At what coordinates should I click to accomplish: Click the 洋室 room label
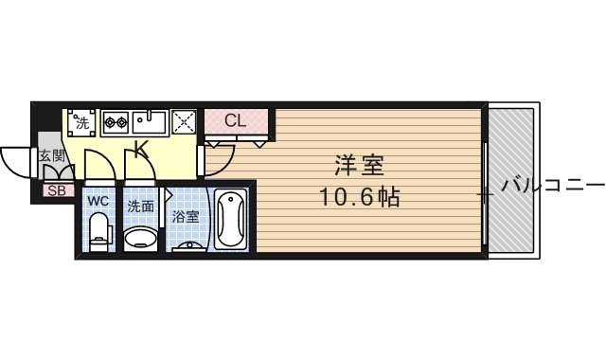click(358, 165)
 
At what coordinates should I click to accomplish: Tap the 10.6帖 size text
click(358, 198)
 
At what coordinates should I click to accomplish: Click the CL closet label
click(237, 121)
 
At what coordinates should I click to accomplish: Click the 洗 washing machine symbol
click(82, 122)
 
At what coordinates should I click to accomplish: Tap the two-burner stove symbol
click(116, 122)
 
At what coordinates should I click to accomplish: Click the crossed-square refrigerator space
click(184, 122)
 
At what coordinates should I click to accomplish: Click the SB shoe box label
click(56, 189)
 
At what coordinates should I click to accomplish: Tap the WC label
click(98, 202)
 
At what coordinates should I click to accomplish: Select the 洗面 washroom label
click(141, 206)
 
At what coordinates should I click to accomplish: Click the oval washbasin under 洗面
click(141, 236)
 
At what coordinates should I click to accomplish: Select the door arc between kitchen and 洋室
click(216, 161)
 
